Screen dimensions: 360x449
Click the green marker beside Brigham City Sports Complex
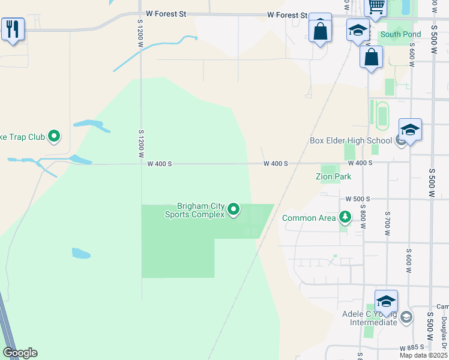(x=234, y=210)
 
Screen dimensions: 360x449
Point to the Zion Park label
(x=333, y=176)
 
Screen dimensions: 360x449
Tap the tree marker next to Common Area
(x=345, y=217)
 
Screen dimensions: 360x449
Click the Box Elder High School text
(x=351, y=141)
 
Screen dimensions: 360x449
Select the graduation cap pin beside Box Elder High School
(x=410, y=130)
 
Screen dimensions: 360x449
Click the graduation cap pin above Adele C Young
(x=386, y=301)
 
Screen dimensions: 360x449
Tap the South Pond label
(x=400, y=34)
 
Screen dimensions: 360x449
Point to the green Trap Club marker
(x=54, y=137)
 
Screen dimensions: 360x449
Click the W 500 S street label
(x=358, y=199)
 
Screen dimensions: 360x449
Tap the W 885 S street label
(x=412, y=348)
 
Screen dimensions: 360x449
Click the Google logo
(x=20, y=353)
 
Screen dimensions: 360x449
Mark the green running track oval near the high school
(x=382, y=113)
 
